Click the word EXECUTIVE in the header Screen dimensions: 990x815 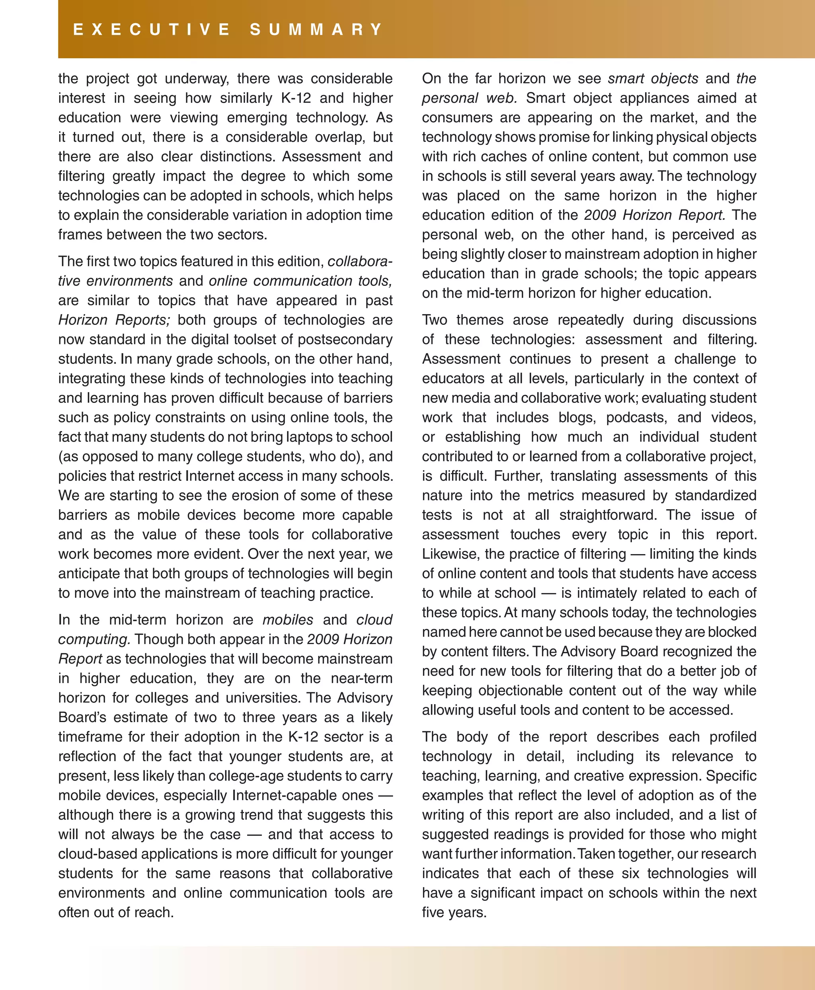tap(151, 29)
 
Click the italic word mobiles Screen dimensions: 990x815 tap(287, 620)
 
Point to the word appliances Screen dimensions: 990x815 tap(655, 98)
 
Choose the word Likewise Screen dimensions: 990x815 tap(449, 554)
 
